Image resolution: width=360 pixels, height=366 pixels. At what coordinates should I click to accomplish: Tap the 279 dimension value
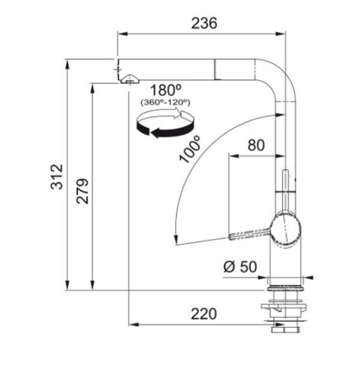[x=82, y=191]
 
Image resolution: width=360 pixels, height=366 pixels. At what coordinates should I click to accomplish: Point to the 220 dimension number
[x=204, y=313]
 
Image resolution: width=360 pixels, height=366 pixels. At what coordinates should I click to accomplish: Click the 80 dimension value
[x=256, y=145]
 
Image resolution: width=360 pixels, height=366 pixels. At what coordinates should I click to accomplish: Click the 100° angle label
[x=191, y=149]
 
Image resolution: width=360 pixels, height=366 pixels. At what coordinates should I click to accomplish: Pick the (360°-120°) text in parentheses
[x=166, y=102]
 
